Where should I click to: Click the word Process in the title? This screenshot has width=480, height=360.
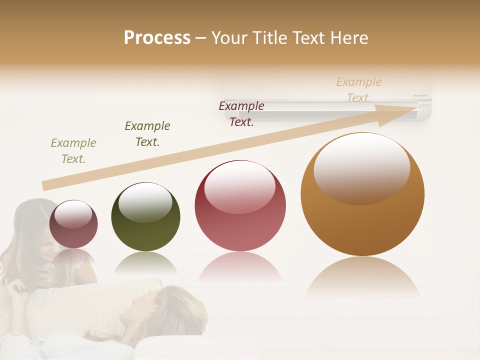click(157, 38)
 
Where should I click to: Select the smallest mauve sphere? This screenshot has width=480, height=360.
click(73, 224)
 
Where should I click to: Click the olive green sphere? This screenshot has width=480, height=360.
click(145, 216)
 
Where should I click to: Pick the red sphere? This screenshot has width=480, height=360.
click(240, 205)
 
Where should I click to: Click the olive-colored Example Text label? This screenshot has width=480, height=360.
click(73, 151)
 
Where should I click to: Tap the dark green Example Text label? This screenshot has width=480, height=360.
click(147, 134)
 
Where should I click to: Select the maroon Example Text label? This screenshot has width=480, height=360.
click(241, 114)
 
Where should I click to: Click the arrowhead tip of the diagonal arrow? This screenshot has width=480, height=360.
click(415, 107)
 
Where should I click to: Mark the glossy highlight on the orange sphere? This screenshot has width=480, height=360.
click(361, 168)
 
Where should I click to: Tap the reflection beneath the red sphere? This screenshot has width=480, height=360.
click(240, 267)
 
